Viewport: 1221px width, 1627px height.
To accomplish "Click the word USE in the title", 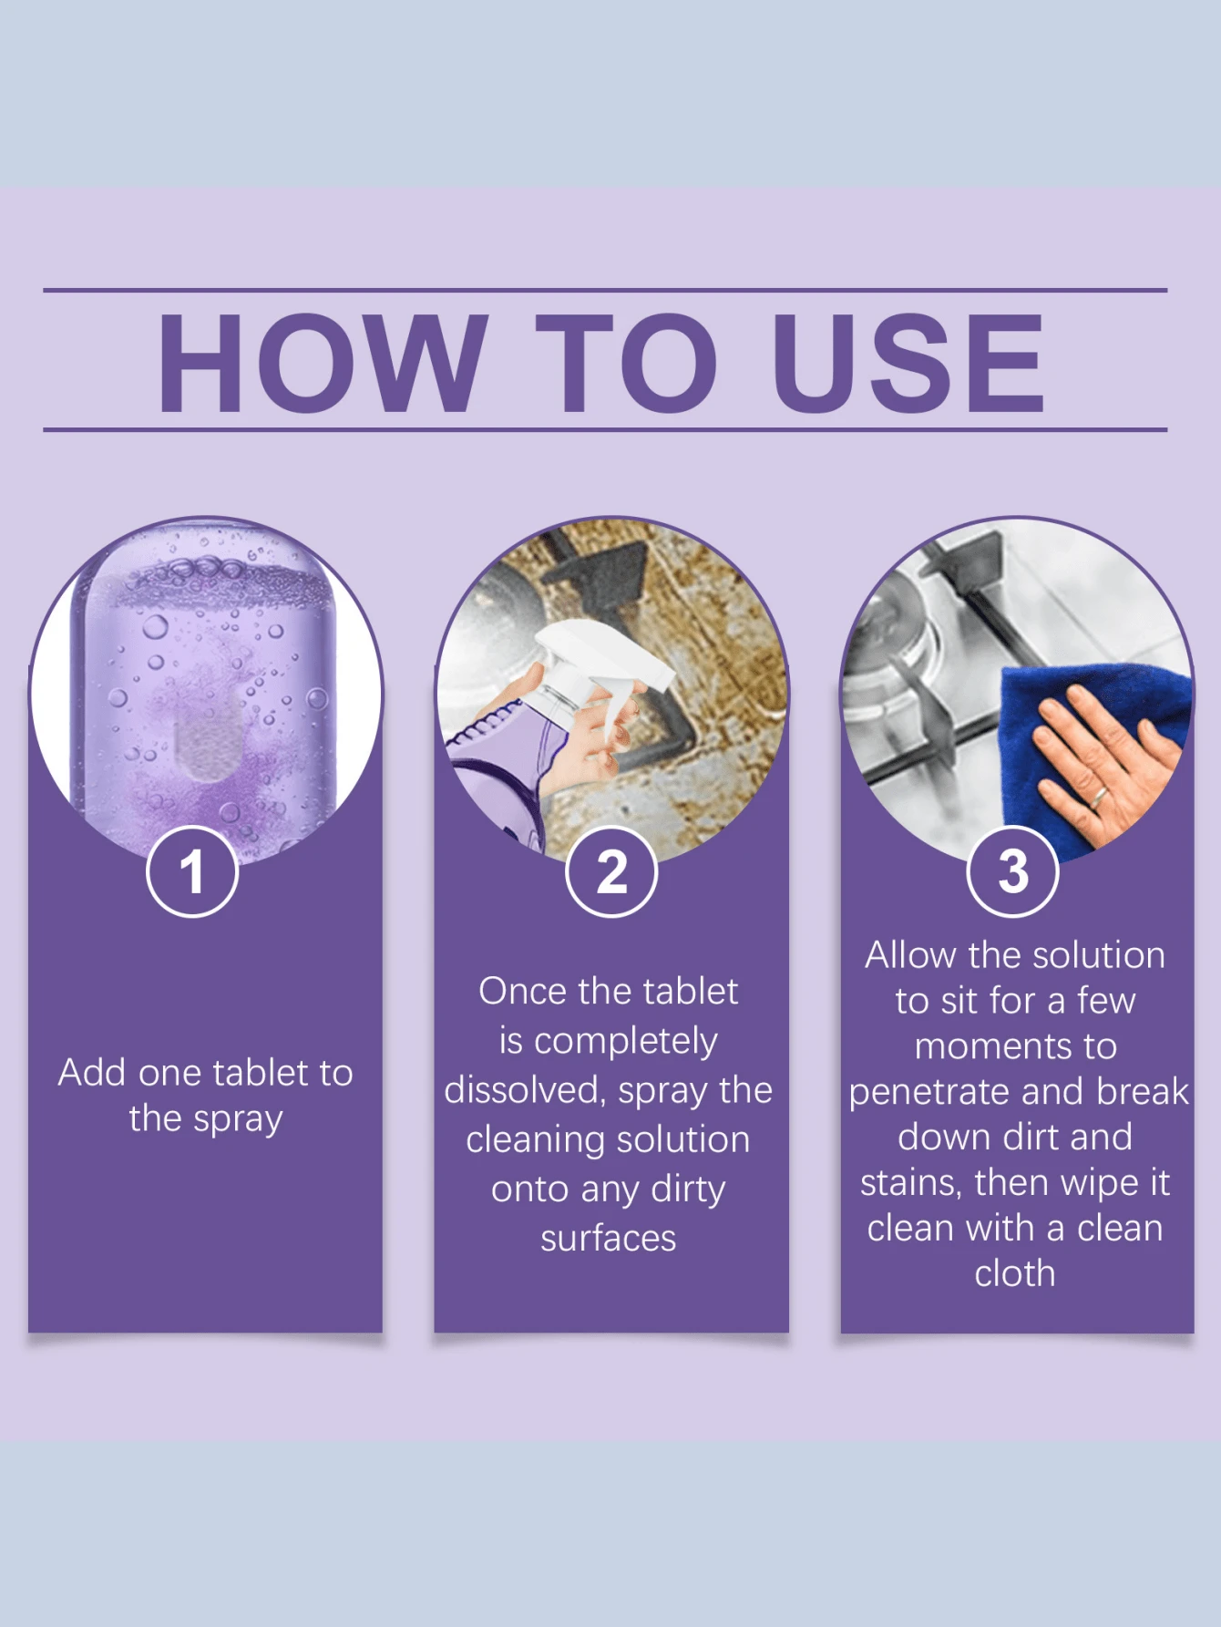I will tap(908, 363).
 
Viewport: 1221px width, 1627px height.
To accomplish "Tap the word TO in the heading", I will tap(626, 363).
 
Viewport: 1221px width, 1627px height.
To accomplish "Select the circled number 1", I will tap(192, 871).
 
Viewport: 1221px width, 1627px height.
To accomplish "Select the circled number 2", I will tap(611, 871).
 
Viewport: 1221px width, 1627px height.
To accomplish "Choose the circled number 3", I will tap(1012, 871).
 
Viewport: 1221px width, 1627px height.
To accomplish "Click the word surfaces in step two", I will tap(608, 1239).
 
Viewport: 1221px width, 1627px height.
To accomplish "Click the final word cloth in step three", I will tap(1014, 1273).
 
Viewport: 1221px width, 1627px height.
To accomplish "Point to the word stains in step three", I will tap(910, 1183).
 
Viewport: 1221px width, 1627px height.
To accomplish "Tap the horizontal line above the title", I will tap(605, 290).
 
